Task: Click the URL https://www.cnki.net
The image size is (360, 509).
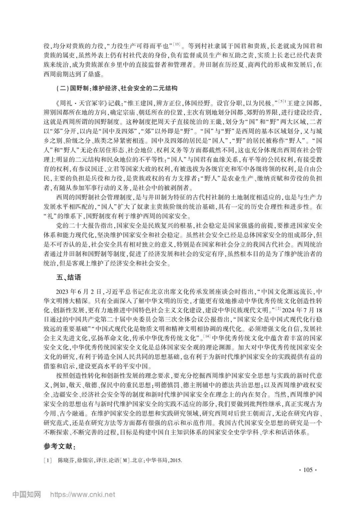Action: pos(83,495)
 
